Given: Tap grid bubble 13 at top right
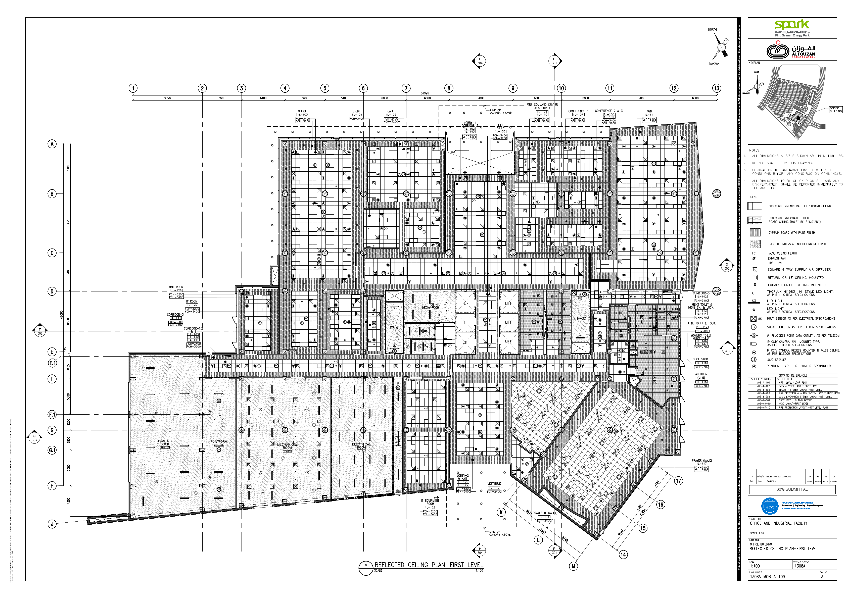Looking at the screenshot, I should pos(716,88).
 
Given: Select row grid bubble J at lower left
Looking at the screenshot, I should pos(52,524).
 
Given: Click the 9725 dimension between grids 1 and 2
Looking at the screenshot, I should pos(167,98).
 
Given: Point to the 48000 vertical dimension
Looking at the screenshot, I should pos(62,314).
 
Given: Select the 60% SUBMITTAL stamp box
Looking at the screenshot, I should pos(792,489).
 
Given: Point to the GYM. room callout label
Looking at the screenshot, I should pos(650,111).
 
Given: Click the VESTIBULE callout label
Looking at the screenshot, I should pos(494,484).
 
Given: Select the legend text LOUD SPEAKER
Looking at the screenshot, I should pos(776,360).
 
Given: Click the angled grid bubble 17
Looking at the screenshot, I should pos(678,481).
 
